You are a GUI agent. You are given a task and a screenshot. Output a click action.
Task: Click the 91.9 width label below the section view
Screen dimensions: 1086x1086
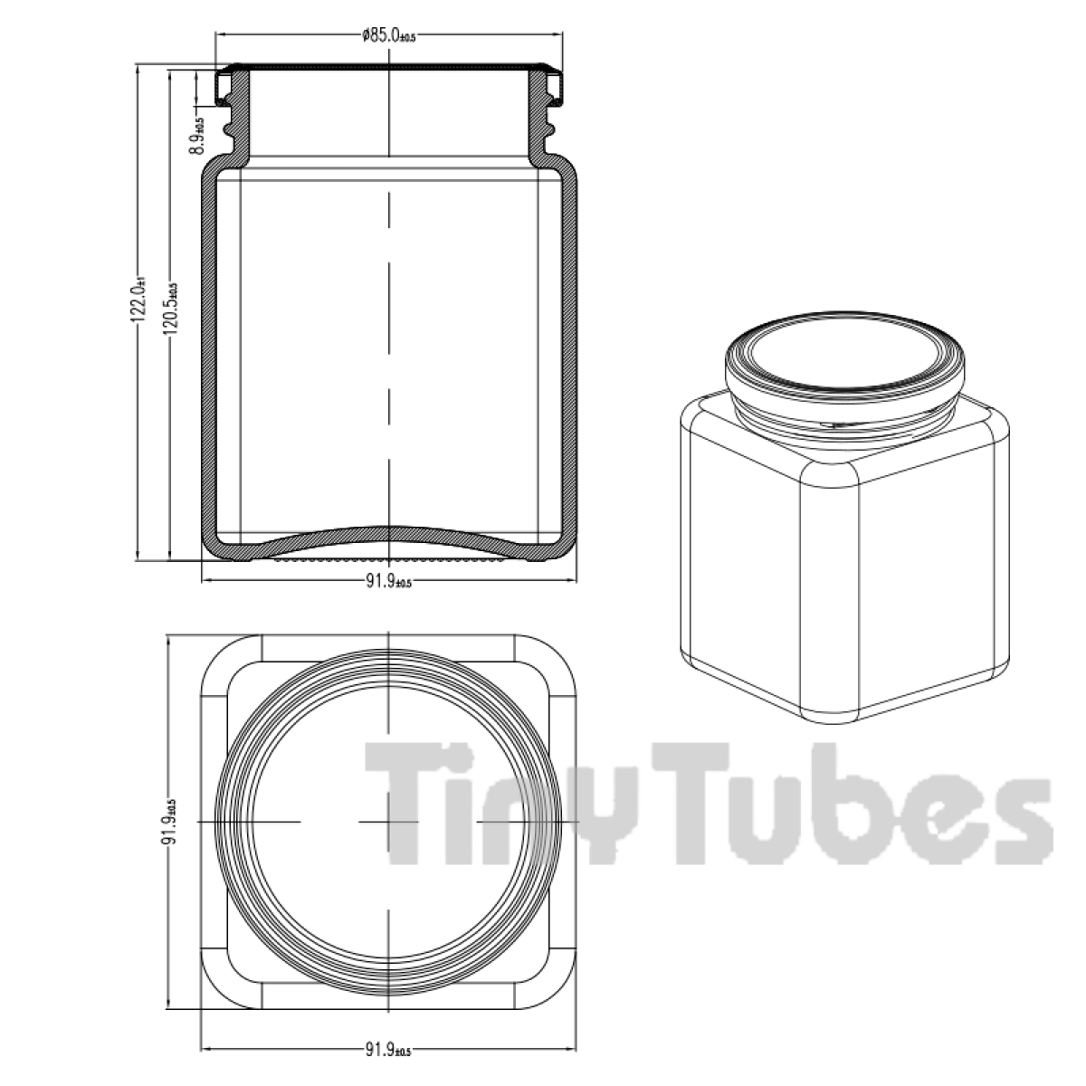[x=387, y=583]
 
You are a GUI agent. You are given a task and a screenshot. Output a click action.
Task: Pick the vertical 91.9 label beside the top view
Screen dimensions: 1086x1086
[x=169, y=822]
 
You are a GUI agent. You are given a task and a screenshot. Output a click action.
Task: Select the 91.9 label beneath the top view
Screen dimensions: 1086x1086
[x=387, y=1051]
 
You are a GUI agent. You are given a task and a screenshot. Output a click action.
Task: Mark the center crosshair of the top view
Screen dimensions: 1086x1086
[x=388, y=821]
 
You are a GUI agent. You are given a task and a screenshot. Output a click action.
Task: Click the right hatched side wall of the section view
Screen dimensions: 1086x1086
[x=570, y=362]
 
